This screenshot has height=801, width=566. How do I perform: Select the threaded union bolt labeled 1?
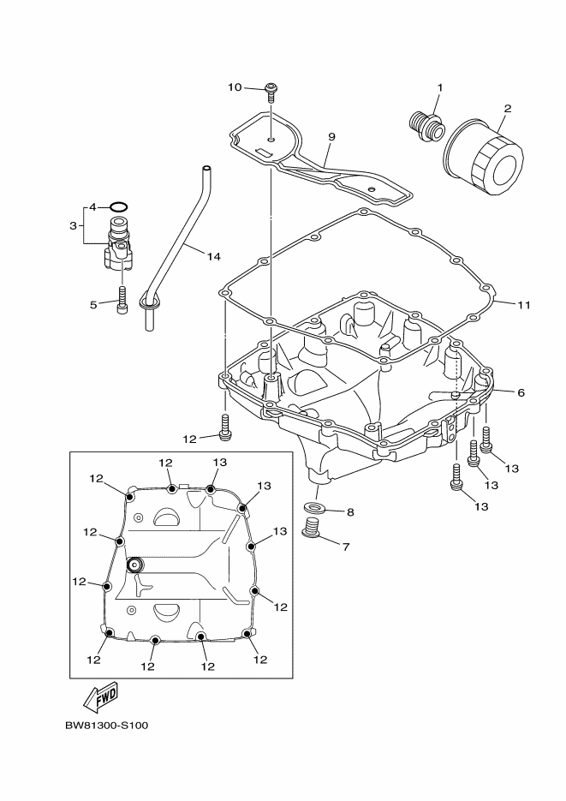click(426, 125)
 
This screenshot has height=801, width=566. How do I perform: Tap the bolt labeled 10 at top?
click(271, 88)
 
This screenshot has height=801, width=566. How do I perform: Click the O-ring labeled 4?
click(121, 206)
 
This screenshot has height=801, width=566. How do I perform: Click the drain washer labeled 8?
click(313, 511)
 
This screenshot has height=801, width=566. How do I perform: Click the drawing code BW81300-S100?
click(106, 726)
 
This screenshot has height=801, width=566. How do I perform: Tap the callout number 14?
click(213, 256)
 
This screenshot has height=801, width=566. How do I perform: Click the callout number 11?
click(524, 304)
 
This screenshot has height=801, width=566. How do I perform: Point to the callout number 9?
click(331, 136)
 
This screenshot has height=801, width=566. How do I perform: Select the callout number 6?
click(521, 392)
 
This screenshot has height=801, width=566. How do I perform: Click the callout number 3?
click(74, 225)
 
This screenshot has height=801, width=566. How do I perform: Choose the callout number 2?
click(508, 109)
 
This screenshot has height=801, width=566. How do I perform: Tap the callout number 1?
click(440, 88)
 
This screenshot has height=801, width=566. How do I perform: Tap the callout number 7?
click(345, 546)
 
